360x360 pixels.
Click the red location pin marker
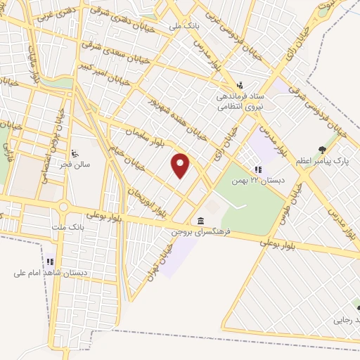point(181,165)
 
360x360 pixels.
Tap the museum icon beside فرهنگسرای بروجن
point(202,220)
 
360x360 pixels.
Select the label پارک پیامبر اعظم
point(322,161)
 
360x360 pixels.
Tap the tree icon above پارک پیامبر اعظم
point(322,150)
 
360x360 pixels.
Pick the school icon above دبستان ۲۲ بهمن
point(258,169)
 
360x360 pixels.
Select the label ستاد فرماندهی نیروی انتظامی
point(240,102)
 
